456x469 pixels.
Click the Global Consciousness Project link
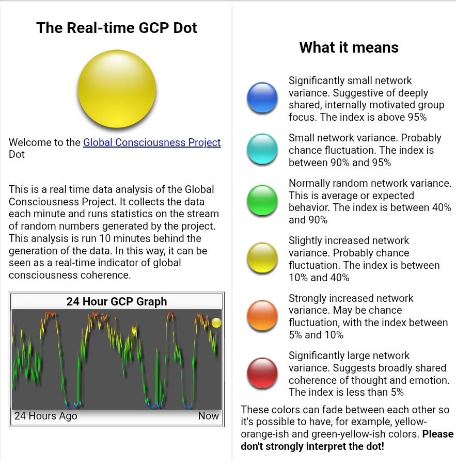click(152, 142)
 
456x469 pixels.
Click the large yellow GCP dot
click(117, 89)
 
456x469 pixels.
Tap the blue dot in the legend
click(262, 98)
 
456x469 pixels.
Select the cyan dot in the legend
click(262, 149)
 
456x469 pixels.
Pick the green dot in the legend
click(262, 200)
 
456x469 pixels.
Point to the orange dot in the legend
click(262, 315)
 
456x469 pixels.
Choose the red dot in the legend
click(262, 373)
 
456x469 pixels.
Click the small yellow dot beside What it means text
click(262, 257)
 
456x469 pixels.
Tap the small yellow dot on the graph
click(216, 323)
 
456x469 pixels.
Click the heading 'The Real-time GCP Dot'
click(117, 28)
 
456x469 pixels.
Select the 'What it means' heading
click(349, 47)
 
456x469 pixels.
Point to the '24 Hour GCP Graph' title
click(117, 301)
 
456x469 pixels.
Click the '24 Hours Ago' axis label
click(46, 416)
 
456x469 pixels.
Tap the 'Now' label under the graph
click(209, 416)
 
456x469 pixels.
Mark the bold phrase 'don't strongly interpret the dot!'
click(312, 446)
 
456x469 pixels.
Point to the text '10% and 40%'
click(319, 278)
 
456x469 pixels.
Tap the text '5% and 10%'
click(316, 335)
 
